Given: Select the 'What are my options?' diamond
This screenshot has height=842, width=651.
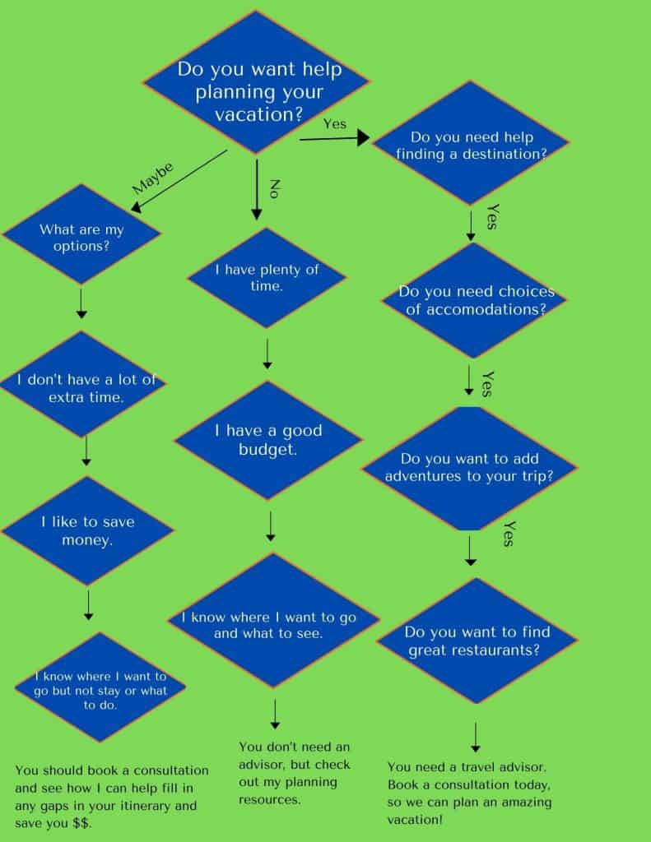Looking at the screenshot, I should point(81,237).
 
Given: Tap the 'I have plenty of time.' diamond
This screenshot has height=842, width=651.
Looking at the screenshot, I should point(266,278).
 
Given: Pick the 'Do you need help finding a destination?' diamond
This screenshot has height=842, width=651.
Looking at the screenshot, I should point(471,143).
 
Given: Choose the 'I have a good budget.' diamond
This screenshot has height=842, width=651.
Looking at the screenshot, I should point(268,440).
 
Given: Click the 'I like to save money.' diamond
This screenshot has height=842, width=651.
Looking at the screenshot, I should point(87,531).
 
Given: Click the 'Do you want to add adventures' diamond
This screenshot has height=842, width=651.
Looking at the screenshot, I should point(468,468).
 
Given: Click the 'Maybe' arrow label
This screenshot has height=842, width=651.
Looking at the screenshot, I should point(153,178).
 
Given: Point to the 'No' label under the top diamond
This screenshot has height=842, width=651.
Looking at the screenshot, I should point(275,187).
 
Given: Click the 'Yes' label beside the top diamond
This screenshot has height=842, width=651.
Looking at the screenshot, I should point(335,124).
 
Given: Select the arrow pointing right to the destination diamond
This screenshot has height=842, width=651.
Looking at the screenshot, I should point(333,140).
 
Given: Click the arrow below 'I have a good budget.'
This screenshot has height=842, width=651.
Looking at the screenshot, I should point(271,526).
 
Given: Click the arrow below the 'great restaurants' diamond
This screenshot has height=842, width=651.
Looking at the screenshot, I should point(475,738).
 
